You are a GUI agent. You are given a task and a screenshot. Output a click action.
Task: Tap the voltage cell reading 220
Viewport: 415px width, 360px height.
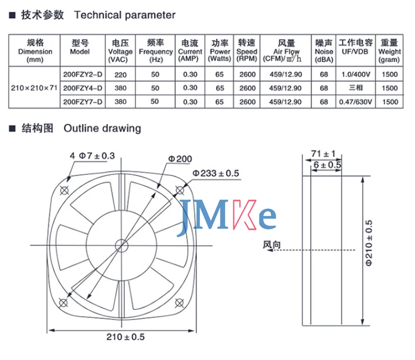120,73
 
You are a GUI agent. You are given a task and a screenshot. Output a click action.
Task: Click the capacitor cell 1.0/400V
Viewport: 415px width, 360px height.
356,73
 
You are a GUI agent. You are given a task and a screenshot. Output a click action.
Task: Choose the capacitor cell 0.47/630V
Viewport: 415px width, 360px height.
356,102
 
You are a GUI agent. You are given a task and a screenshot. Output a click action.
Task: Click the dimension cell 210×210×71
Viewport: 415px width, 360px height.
35,87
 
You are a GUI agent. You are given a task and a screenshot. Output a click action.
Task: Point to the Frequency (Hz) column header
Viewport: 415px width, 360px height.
156,51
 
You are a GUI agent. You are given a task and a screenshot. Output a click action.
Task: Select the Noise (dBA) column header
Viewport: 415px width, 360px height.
324,51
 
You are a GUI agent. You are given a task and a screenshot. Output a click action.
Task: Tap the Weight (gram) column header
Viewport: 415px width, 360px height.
390,51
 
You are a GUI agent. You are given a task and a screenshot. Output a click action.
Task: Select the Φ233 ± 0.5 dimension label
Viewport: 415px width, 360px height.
216,174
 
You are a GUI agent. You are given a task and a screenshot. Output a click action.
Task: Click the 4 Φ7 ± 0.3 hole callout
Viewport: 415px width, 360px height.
92,156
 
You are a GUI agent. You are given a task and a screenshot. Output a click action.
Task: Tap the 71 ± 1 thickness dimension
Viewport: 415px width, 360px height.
323,153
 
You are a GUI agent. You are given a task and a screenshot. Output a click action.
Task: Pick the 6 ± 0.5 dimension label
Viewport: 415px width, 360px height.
328,165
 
